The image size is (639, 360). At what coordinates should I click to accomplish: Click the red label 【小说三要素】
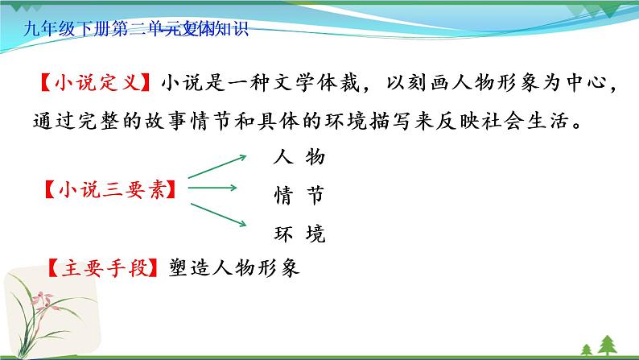point(109,191)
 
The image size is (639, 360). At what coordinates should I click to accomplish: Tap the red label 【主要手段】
point(104,267)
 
